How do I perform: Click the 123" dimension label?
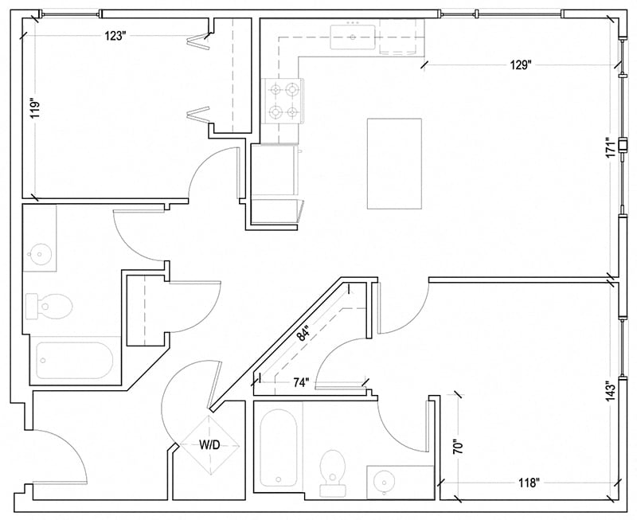point(115,37)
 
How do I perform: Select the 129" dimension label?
point(521,66)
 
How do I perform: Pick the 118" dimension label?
point(525,483)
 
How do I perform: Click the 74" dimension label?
point(300,382)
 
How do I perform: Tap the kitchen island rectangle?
point(394,163)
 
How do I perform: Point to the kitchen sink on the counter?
point(354,37)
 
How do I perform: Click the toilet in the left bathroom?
point(49,304)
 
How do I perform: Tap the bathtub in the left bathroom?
point(75,361)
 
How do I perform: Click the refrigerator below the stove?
point(275,171)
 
